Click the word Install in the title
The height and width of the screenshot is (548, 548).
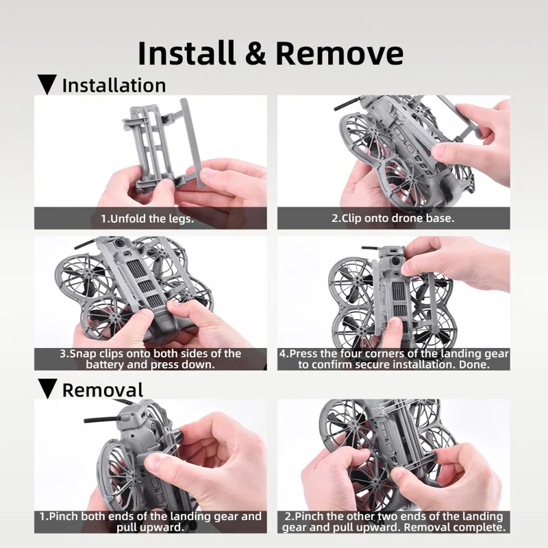187,53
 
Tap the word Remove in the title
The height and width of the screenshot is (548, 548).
339,53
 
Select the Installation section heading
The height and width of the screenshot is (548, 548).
114,86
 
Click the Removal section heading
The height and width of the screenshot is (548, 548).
103,390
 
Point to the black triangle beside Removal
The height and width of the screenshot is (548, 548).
47,388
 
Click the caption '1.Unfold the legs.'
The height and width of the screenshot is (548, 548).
147,219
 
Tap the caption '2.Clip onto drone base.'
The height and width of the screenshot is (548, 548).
393,219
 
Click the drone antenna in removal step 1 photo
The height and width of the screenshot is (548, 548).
102,419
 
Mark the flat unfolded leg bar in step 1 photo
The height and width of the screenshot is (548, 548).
191,142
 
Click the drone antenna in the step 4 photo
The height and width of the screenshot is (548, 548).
371,248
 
